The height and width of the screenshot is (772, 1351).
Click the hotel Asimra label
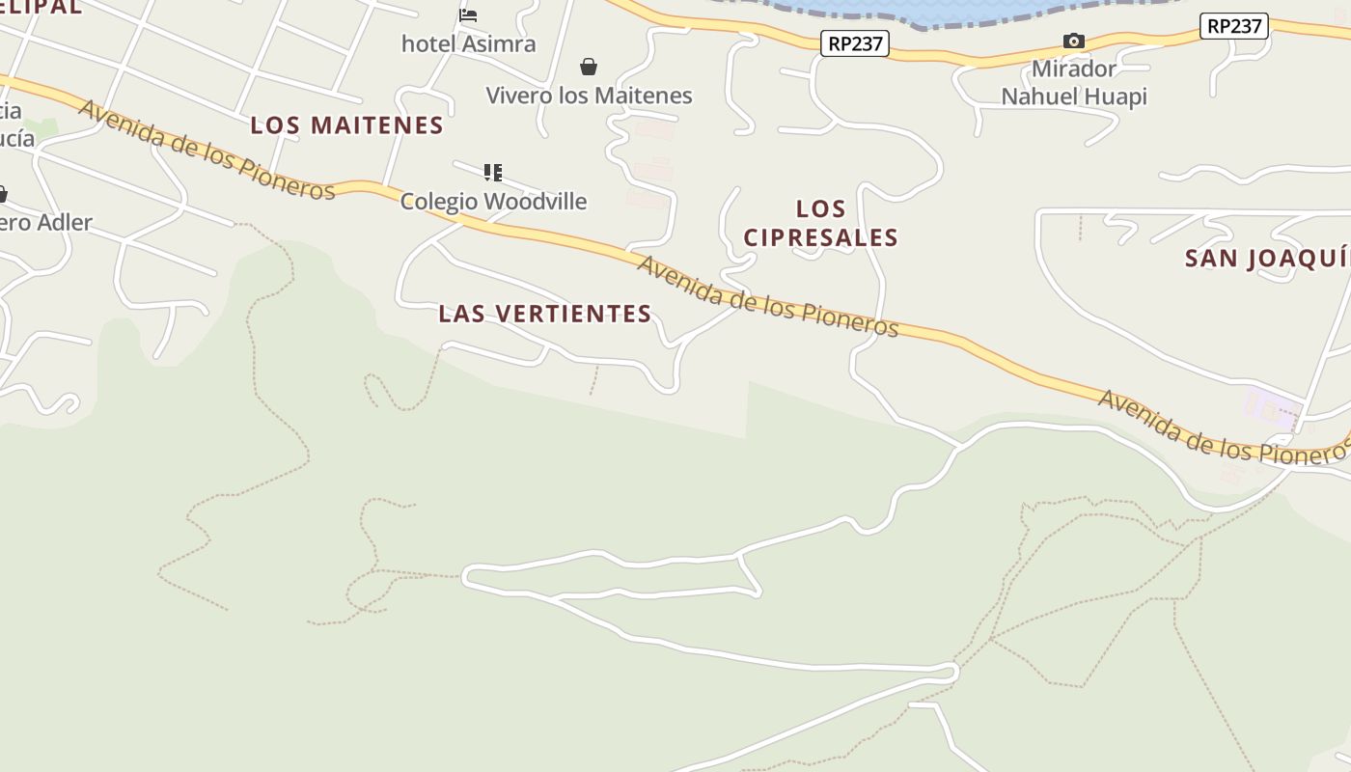click(x=468, y=43)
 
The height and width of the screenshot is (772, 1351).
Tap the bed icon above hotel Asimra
click(x=468, y=14)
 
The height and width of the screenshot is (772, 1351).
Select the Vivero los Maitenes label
click(x=589, y=96)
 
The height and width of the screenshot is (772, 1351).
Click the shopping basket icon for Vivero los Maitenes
click(x=589, y=67)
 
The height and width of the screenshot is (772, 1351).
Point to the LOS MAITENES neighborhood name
click(x=346, y=125)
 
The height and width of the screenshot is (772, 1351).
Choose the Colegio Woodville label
click(x=493, y=201)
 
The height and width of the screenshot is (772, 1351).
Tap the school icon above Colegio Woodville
click(x=493, y=173)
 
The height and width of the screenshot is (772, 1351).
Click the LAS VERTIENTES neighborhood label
click(x=545, y=314)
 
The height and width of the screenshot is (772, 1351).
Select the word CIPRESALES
click(x=821, y=237)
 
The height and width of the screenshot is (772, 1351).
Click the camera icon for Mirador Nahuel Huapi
click(x=1073, y=41)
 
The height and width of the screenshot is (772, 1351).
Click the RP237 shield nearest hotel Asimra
click(x=855, y=43)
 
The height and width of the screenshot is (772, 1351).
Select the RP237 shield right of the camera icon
click(x=1233, y=26)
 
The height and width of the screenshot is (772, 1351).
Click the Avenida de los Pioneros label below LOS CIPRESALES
click(x=767, y=296)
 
